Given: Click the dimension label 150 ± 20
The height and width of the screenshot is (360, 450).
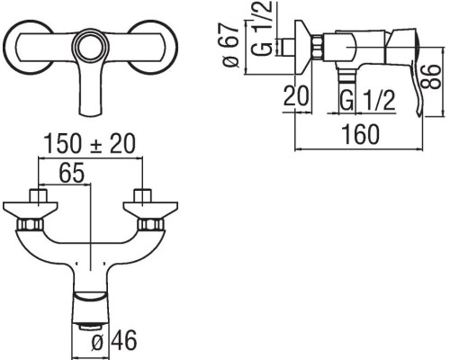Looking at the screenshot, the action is (90, 144).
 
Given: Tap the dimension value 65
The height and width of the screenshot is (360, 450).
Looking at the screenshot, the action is (72, 173).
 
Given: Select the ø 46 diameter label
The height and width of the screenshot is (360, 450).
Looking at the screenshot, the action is (113, 340).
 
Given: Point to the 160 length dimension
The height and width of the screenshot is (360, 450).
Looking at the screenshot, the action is (361, 134).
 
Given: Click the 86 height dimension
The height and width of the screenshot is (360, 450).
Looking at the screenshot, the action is (431, 76).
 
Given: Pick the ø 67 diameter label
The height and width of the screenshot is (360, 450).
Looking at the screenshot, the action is (229, 44).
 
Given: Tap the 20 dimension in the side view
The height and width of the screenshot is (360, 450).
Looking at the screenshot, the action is (296, 95).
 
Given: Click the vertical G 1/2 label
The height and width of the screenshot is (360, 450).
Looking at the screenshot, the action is (262, 28).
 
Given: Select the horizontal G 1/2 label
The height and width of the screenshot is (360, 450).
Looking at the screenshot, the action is (367, 100).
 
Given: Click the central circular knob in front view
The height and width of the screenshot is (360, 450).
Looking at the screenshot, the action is (90, 47).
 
